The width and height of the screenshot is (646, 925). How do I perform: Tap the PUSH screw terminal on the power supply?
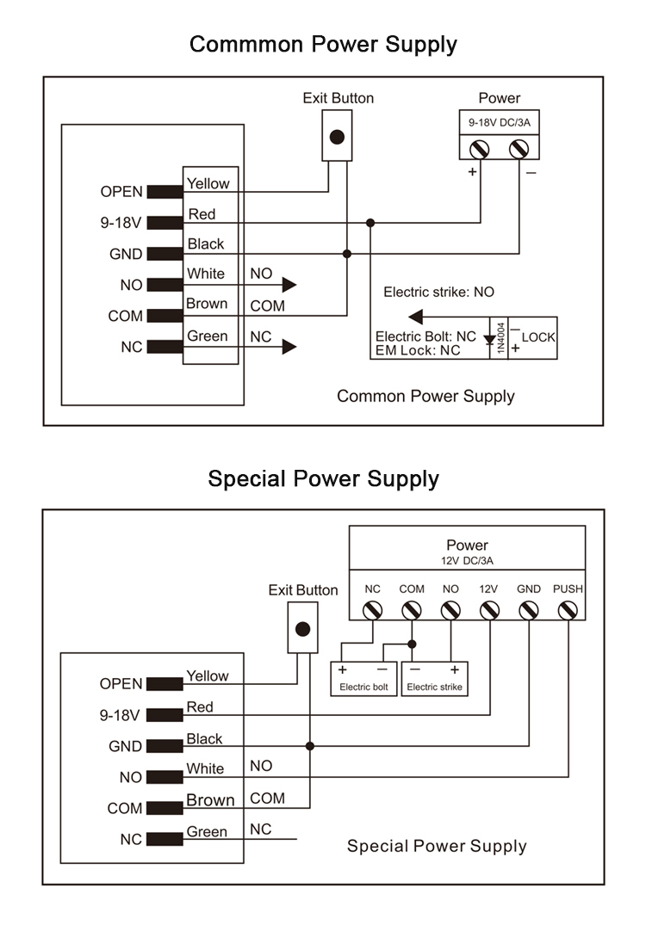click(x=567, y=610)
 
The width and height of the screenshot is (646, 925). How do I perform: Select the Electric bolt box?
click(x=364, y=678)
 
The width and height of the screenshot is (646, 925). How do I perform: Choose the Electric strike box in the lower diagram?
click(x=434, y=678)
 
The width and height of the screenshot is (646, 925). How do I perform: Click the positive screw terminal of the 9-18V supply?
click(x=478, y=149)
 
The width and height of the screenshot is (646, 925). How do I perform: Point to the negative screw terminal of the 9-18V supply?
click(x=519, y=149)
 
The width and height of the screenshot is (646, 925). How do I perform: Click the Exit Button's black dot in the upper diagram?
click(x=338, y=137)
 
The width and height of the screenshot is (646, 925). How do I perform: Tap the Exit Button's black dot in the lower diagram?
click(x=302, y=628)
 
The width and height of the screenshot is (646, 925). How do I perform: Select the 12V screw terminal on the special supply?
click(x=488, y=610)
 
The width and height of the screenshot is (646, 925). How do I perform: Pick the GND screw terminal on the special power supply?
click(x=528, y=610)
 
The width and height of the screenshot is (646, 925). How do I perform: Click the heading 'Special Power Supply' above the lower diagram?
click(x=323, y=478)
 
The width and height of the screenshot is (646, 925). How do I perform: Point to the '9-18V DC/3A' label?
click(x=499, y=123)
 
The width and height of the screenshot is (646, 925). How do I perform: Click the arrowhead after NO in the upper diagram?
click(x=289, y=285)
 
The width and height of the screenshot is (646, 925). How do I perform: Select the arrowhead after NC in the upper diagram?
click(x=289, y=347)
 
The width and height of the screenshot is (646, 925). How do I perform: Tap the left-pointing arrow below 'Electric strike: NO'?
click(x=416, y=316)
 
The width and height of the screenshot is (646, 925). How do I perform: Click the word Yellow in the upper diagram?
click(x=208, y=183)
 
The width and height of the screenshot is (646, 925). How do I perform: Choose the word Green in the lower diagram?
click(x=207, y=832)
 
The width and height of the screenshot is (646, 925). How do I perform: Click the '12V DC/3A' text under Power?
click(x=467, y=560)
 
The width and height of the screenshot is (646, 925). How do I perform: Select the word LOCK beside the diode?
click(x=538, y=337)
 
